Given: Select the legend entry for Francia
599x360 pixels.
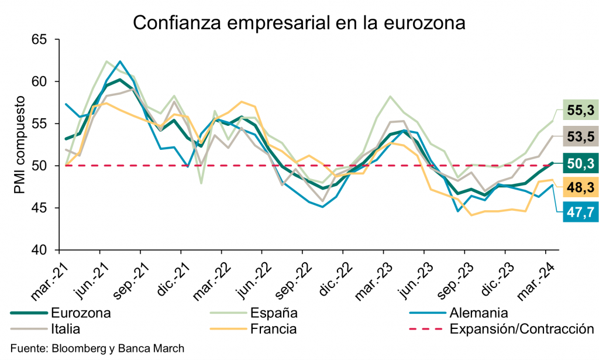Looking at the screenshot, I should point(273,328).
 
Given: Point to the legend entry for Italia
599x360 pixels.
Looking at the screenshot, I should point(66,328).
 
